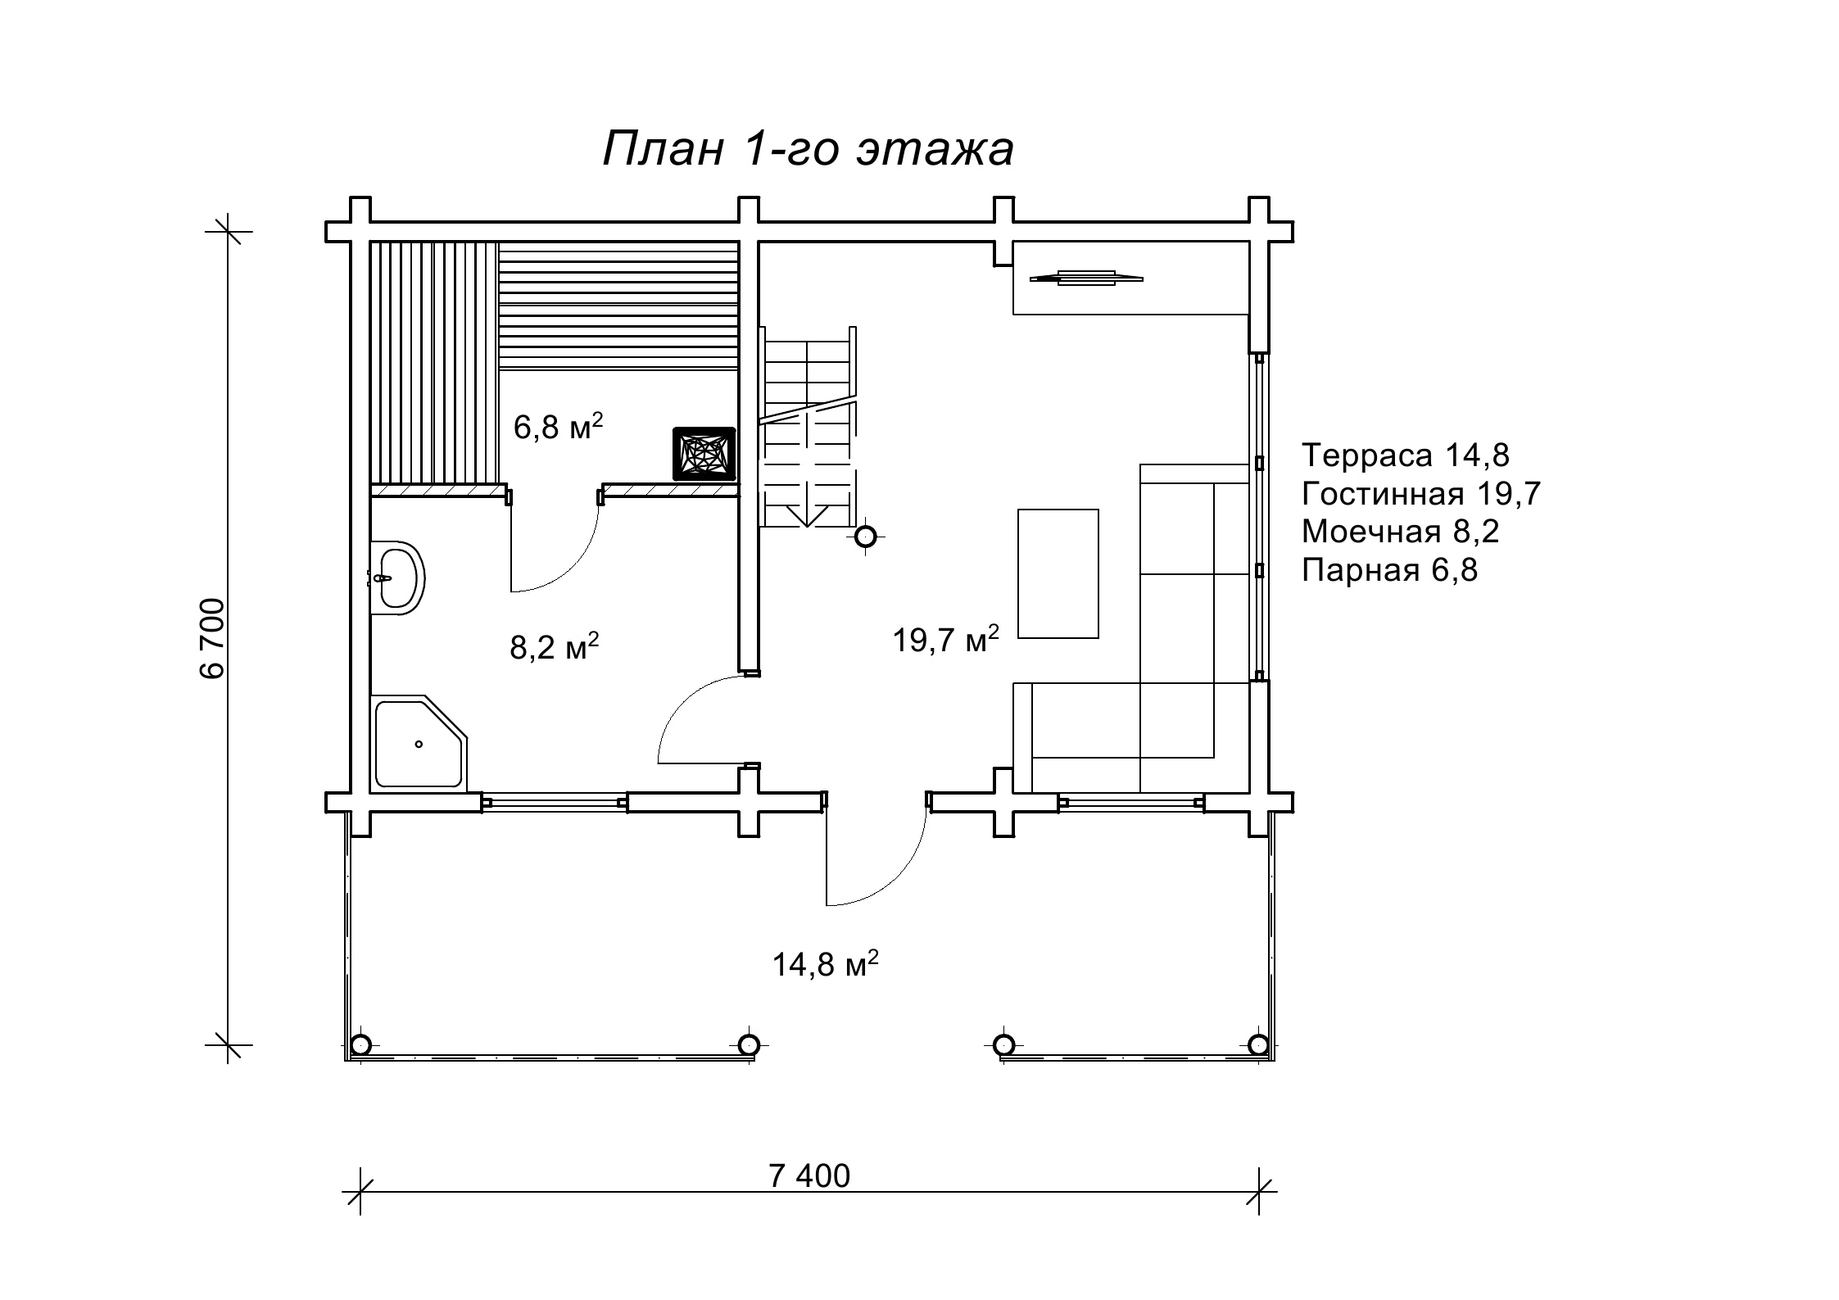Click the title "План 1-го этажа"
tap(809, 149)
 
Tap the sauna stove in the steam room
tap(704, 454)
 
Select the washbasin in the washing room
tap(397, 578)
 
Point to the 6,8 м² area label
tap(559, 427)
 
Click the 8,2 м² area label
tap(555, 647)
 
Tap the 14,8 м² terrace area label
tap(826, 964)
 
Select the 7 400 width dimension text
tap(809, 1175)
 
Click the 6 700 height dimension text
tap(211, 639)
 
